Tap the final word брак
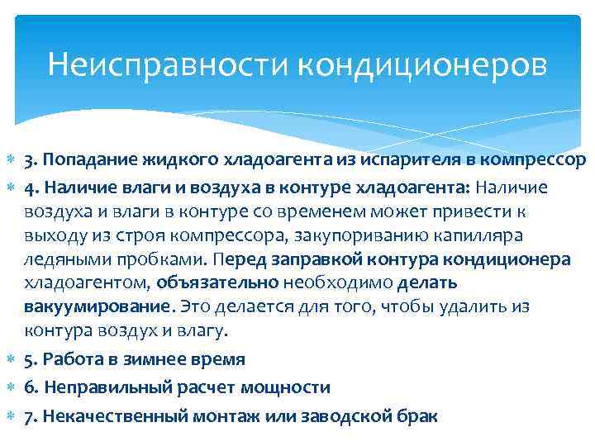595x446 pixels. coord(416,415)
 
